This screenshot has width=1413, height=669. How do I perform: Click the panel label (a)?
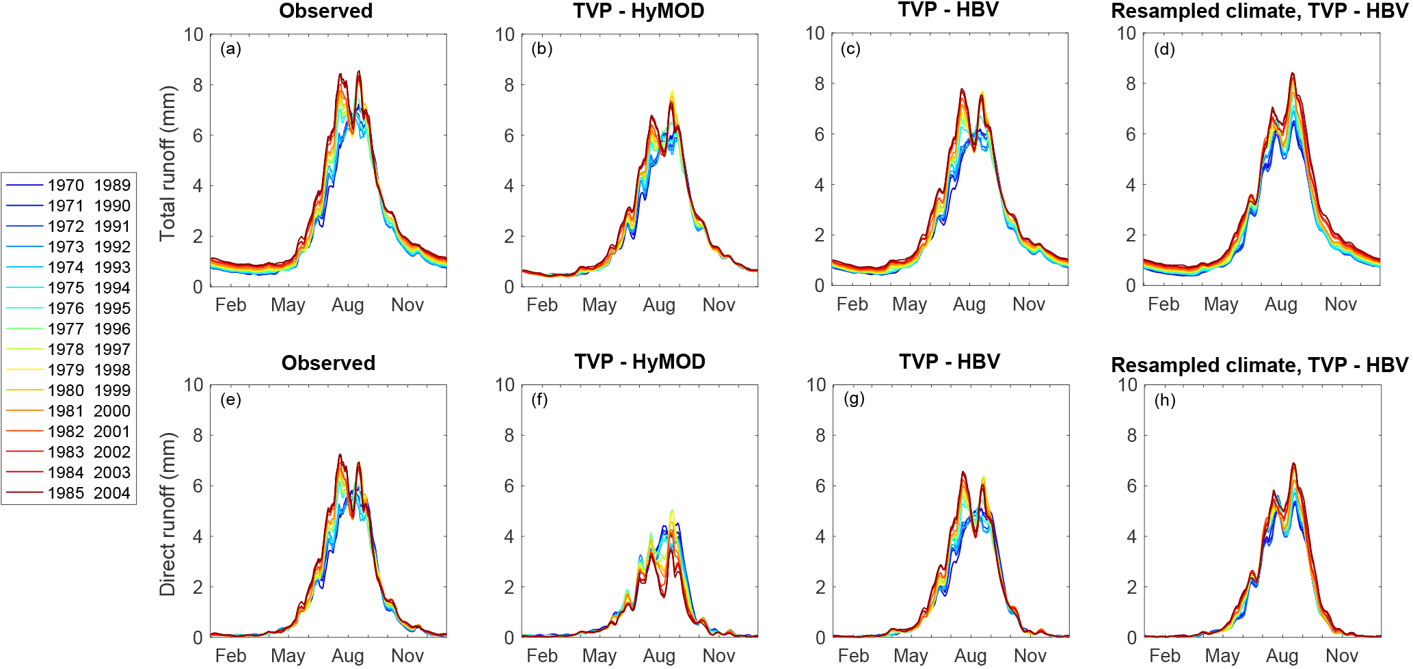point(230,49)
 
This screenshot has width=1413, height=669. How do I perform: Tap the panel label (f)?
point(539,399)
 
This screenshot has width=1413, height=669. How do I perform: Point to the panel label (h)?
point(1165,400)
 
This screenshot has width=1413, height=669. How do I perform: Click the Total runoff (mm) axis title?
point(167,163)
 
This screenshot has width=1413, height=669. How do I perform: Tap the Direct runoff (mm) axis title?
point(167,514)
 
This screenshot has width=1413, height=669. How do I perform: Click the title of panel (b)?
point(638,11)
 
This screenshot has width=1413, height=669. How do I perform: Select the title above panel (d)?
point(1259,11)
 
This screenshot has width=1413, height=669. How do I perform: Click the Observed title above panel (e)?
point(328,363)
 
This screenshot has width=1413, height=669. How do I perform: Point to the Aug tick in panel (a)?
point(347,305)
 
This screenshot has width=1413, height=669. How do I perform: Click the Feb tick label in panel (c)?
point(852,304)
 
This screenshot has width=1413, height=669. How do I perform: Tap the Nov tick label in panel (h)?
point(1341,656)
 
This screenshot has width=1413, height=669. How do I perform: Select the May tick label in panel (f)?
point(599,656)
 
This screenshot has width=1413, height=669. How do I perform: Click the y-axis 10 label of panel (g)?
point(816,385)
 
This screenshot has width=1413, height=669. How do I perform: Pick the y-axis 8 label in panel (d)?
point(1131,84)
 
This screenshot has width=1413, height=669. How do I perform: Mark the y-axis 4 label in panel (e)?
point(198,537)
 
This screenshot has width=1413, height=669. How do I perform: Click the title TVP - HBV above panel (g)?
point(949,362)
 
